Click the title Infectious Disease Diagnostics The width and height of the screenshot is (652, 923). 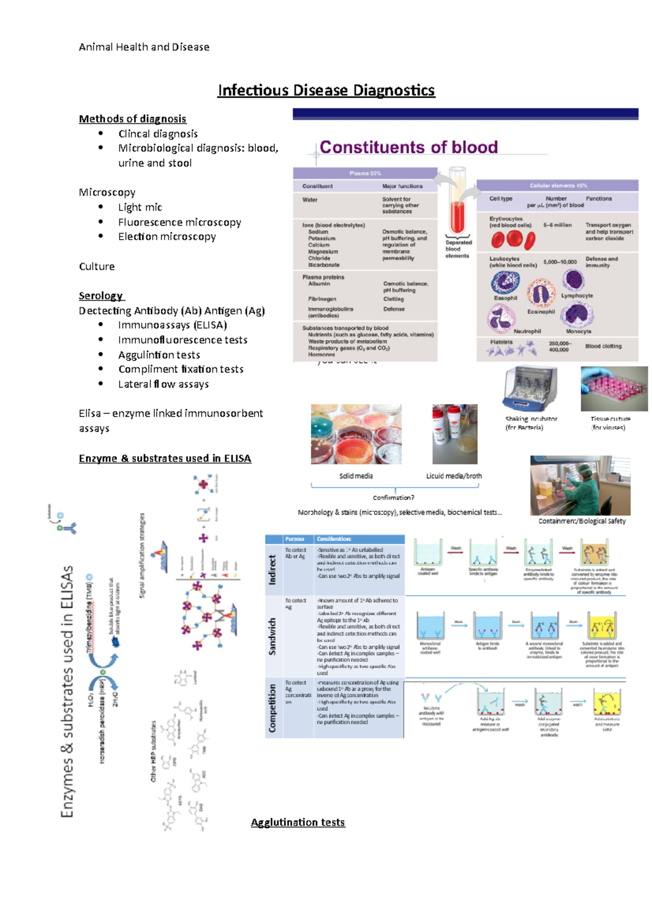(326, 90)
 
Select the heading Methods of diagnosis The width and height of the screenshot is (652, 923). (133, 119)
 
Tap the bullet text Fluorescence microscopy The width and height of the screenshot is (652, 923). (179, 222)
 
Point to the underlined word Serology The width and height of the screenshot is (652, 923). (101, 296)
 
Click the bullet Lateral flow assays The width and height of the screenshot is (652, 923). (163, 384)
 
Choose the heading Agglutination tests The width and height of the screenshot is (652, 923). (298, 822)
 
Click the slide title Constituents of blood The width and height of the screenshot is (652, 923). (409, 147)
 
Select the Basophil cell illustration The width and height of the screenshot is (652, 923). (505, 283)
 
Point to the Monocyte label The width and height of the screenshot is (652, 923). (579, 331)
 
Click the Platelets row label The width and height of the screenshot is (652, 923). (501, 342)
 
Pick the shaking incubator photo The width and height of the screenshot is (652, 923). (530, 389)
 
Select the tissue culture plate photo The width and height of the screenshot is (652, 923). (614, 388)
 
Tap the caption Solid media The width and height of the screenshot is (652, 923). (356, 476)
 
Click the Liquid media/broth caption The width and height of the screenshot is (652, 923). (454, 476)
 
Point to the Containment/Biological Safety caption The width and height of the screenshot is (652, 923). (582, 521)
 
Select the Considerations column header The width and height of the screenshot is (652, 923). (334, 539)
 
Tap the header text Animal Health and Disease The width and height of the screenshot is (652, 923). (144, 47)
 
